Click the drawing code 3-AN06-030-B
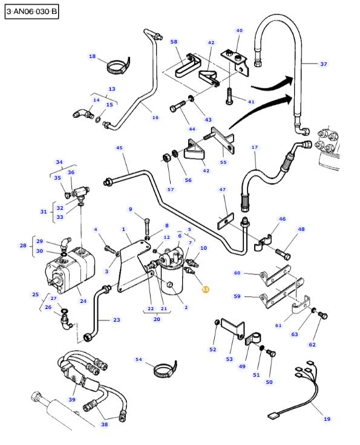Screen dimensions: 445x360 (31, 11)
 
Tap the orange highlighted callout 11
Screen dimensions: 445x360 (205, 290)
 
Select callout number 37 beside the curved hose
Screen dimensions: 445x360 (323, 64)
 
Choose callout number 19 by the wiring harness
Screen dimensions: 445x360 (327, 418)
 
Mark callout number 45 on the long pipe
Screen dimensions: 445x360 (119, 148)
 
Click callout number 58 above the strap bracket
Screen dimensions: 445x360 (174, 42)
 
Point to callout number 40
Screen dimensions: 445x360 (239, 30)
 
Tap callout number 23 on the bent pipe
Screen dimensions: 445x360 (116, 320)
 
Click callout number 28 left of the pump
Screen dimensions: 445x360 (23, 245)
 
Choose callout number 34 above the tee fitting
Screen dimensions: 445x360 (59, 162)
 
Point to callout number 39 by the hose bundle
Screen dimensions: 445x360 (72, 400)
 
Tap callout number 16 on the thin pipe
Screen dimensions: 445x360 (155, 117)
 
